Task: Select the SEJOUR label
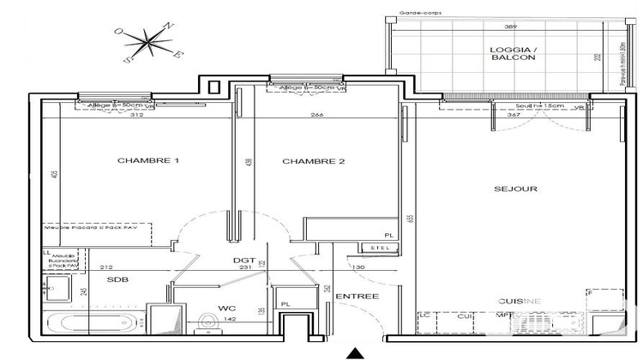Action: pyautogui.click(x=515, y=189)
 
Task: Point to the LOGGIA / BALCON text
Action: pyautogui.click(x=513, y=52)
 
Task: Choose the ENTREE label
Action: pyautogui.click(x=357, y=296)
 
